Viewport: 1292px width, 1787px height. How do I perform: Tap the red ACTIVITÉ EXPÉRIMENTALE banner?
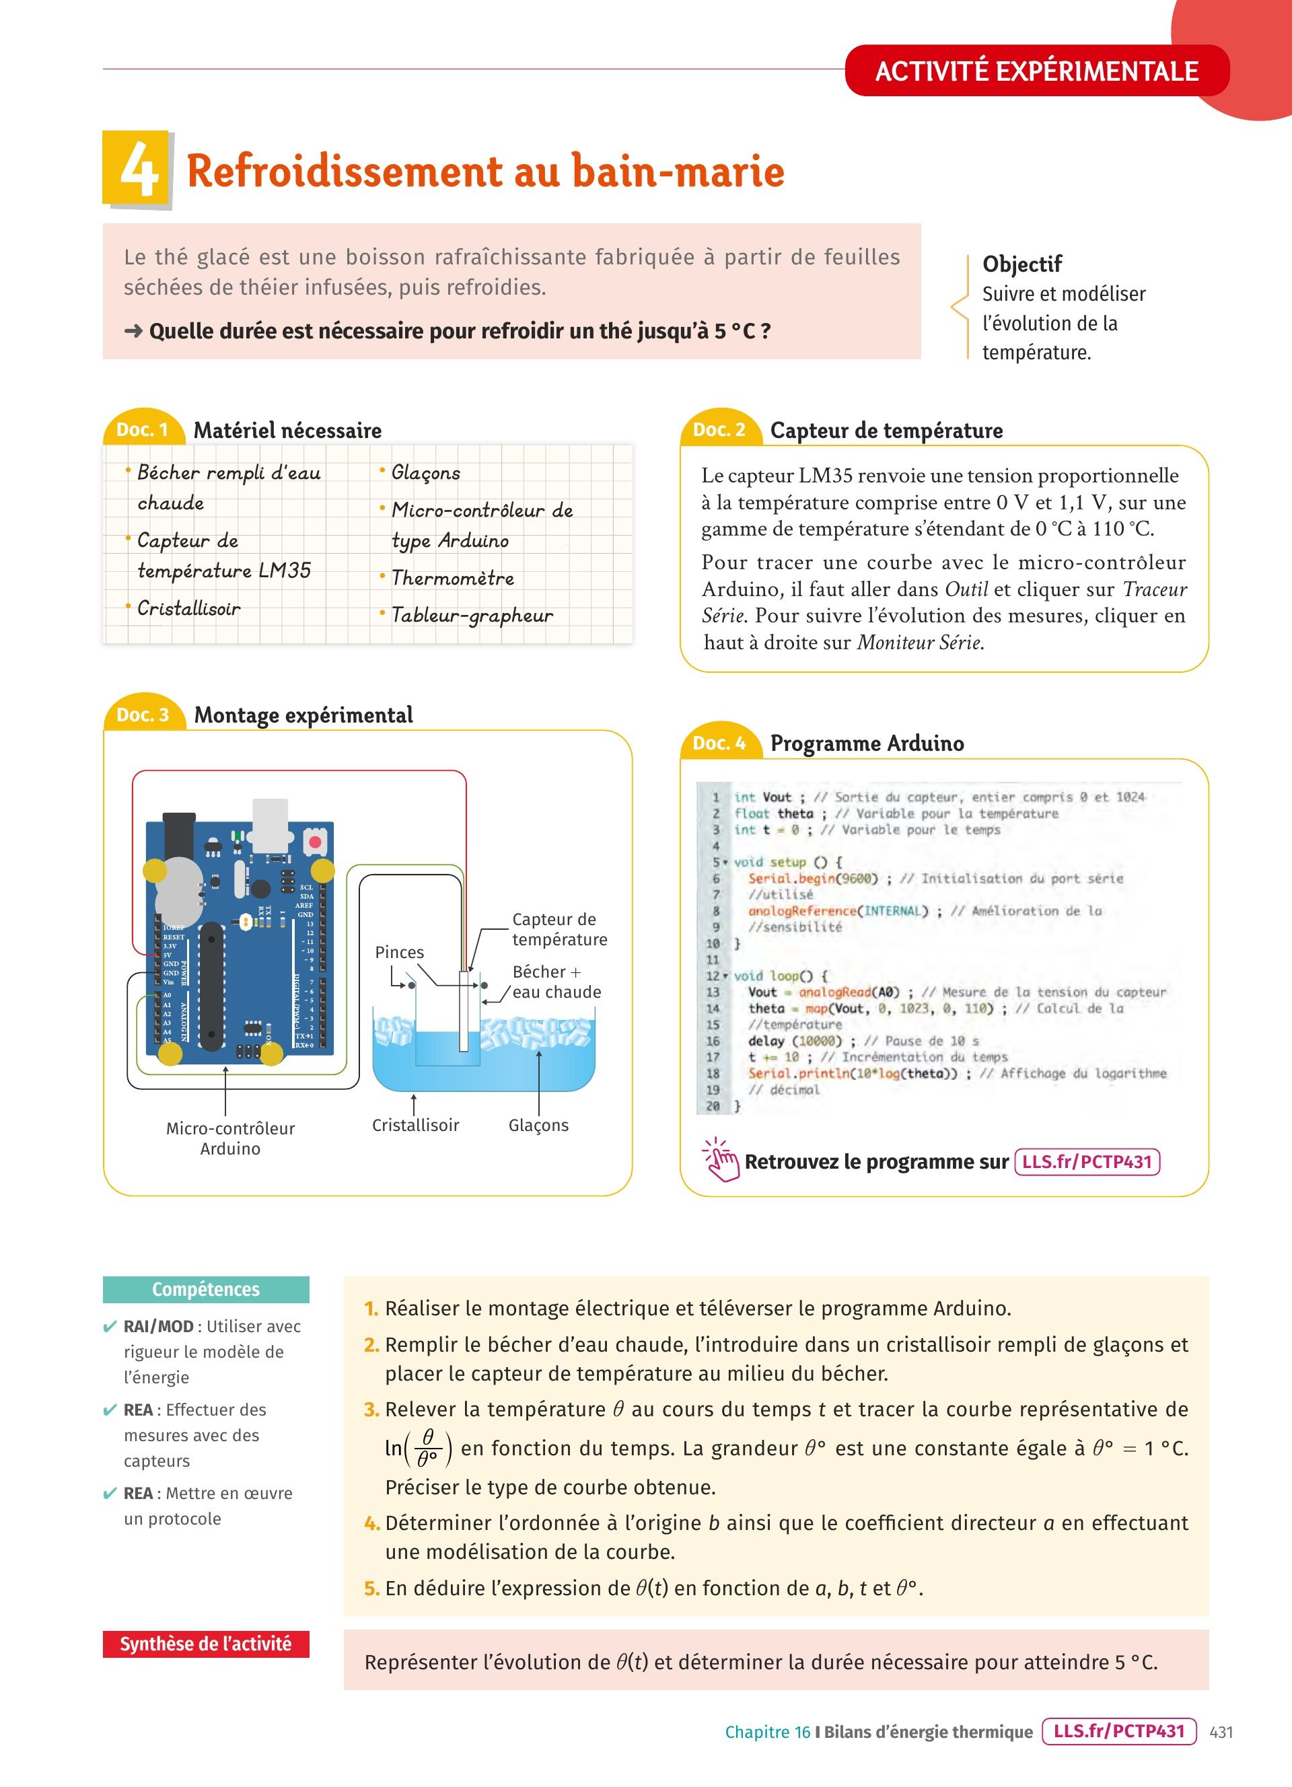click(1036, 71)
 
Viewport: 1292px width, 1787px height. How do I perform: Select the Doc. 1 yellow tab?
click(143, 429)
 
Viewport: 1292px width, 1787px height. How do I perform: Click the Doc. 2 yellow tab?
click(719, 429)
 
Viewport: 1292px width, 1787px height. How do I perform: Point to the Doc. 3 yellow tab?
click(143, 715)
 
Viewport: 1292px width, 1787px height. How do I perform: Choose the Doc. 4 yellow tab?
click(719, 743)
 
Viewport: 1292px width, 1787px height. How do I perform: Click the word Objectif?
click(1021, 264)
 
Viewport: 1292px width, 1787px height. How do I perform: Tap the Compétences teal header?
click(206, 1290)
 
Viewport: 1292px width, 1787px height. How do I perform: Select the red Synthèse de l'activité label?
click(206, 1644)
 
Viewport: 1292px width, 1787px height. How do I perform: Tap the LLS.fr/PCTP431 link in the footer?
click(1118, 1731)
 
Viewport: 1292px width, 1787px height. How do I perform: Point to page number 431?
click(1221, 1732)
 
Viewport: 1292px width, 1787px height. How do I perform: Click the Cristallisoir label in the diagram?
click(415, 1125)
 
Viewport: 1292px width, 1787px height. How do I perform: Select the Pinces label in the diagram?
click(400, 952)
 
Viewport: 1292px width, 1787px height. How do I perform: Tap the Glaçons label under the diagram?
click(538, 1125)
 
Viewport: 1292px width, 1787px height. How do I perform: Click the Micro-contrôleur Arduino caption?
click(230, 1138)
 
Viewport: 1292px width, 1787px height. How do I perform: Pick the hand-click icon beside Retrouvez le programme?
click(721, 1160)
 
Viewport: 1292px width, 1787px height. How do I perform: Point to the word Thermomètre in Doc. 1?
click(452, 579)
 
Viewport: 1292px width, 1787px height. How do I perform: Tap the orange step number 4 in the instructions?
click(372, 1523)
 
